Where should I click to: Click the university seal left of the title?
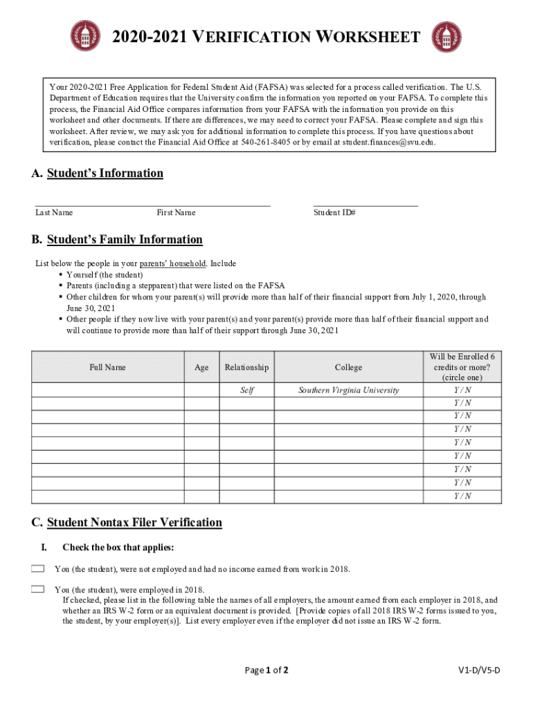coord(85,37)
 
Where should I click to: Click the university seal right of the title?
coord(446,37)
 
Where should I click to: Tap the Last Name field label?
coord(54,213)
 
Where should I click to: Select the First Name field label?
coord(176,213)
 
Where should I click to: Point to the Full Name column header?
coord(107,367)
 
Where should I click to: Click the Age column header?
coord(201,367)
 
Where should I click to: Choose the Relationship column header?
coord(246,367)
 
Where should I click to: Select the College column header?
coord(348,367)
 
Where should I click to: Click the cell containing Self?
coord(246,390)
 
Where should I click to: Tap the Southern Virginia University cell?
coord(348,390)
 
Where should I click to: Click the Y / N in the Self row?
coord(462,390)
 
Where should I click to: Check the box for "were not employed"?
coord(37,569)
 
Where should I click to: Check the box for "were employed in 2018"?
coord(37,589)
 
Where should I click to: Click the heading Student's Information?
coord(105,174)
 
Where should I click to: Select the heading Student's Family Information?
coord(125,240)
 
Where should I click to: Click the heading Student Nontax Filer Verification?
coord(134,523)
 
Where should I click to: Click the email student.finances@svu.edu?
coord(379,142)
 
